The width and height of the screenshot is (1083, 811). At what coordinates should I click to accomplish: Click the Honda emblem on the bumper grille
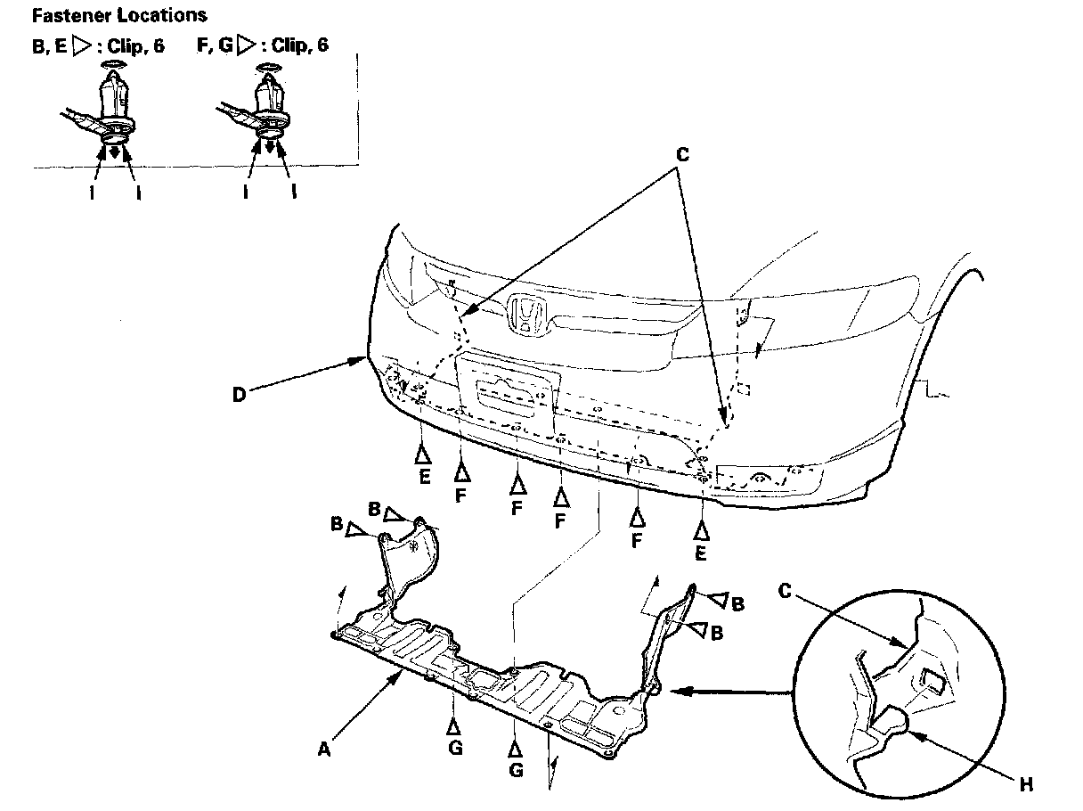(x=527, y=317)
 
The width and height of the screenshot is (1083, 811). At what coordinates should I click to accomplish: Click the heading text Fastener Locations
(x=118, y=15)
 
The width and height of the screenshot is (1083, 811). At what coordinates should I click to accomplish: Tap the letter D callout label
(x=239, y=393)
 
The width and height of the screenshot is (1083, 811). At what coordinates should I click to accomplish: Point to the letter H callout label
(x=1026, y=785)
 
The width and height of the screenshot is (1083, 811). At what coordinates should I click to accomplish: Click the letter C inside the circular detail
(x=785, y=591)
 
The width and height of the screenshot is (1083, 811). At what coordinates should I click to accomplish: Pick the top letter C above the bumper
(x=682, y=154)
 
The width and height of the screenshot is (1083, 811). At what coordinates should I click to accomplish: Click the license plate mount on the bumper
(x=507, y=389)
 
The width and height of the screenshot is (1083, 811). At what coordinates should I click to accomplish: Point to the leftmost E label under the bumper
(x=425, y=477)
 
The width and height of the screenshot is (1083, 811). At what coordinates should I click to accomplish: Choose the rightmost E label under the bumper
(x=702, y=553)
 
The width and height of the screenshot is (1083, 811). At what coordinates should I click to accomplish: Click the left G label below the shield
(x=455, y=749)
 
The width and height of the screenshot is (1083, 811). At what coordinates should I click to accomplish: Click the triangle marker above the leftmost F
(x=460, y=471)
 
